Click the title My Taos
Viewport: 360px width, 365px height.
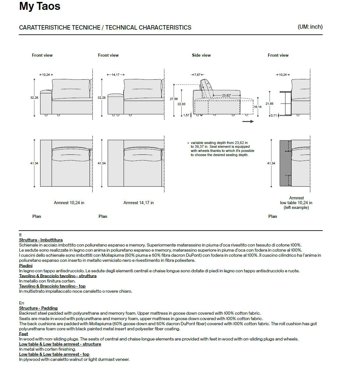[x=40, y=6]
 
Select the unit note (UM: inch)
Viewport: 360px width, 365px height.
[x=310, y=27]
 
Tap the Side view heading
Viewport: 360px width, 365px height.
[x=201, y=55]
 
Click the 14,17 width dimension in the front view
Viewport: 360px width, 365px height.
[x=115, y=75]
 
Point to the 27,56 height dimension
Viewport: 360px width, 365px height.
[x=174, y=99]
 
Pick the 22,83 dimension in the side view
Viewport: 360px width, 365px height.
[x=181, y=104]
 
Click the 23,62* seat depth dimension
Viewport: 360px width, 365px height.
[x=227, y=95]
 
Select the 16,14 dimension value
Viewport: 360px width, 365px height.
[x=257, y=107]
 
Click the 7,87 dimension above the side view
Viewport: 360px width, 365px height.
[x=198, y=75]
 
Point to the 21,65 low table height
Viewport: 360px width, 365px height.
[x=270, y=104]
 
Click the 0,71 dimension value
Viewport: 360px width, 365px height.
[x=274, y=116]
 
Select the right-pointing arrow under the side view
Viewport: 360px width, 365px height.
[x=248, y=121]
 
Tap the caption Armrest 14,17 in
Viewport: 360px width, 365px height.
[x=138, y=203]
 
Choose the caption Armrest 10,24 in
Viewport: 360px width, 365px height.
[x=69, y=203]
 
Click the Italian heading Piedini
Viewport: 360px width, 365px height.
[x=26, y=266]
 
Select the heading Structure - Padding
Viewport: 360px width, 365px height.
[x=38, y=308]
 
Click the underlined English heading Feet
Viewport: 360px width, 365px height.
[x=24, y=334]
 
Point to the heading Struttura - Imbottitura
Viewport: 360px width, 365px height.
[x=41, y=240]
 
